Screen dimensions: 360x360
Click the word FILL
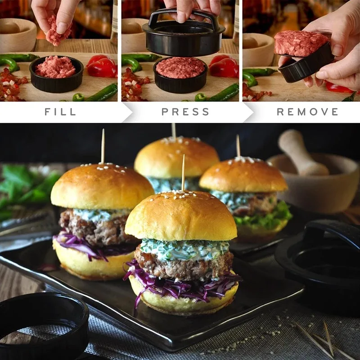point(60,112)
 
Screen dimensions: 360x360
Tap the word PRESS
point(185,112)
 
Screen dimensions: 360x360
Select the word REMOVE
point(307,112)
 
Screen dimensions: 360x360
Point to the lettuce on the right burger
point(265,216)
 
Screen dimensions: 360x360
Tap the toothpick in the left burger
point(103,146)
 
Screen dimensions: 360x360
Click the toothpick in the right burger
point(238,146)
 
